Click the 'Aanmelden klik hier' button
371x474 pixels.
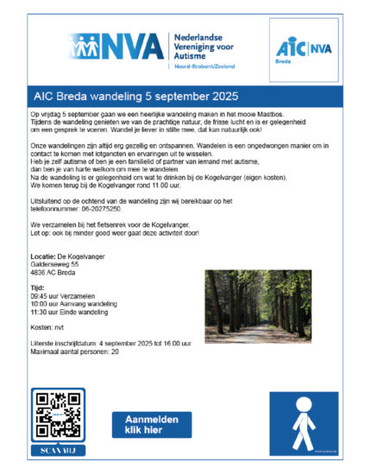tap(152, 423)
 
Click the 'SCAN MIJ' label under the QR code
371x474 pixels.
tap(59, 450)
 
